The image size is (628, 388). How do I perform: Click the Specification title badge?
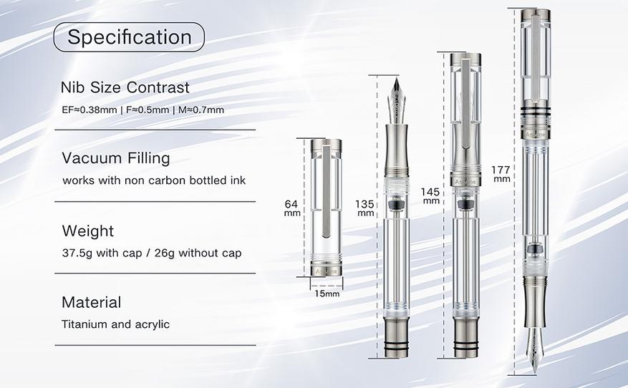[x=129, y=37]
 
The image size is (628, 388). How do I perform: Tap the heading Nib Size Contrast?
[x=125, y=87]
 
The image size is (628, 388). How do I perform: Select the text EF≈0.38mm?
[x=90, y=110]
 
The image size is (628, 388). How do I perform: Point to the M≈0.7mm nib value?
[x=201, y=110]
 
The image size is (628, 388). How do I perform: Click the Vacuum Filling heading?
[x=116, y=158]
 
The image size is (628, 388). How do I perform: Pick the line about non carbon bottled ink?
[x=154, y=180]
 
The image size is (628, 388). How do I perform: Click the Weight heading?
[x=87, y=231]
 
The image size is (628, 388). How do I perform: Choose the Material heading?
[x=92, y=302]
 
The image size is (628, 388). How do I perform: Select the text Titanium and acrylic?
[x=116, y=324]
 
